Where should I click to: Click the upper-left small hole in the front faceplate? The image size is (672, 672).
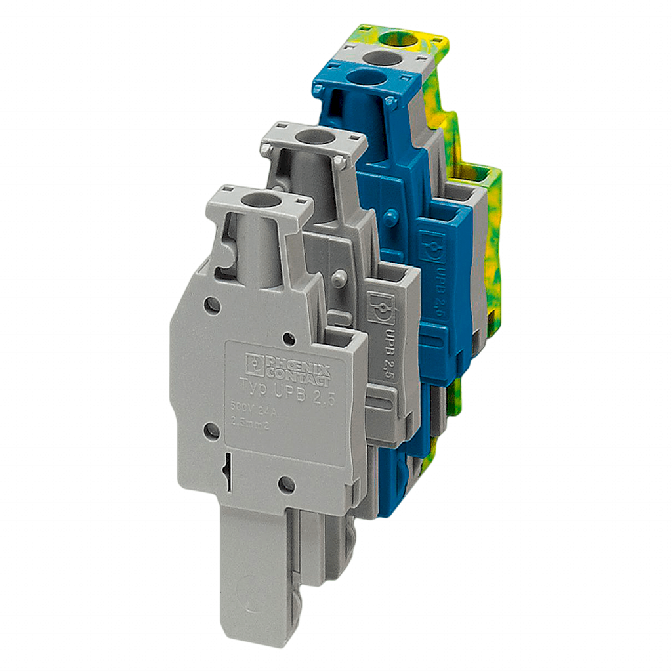pyautogui.click(x=211, y=304)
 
